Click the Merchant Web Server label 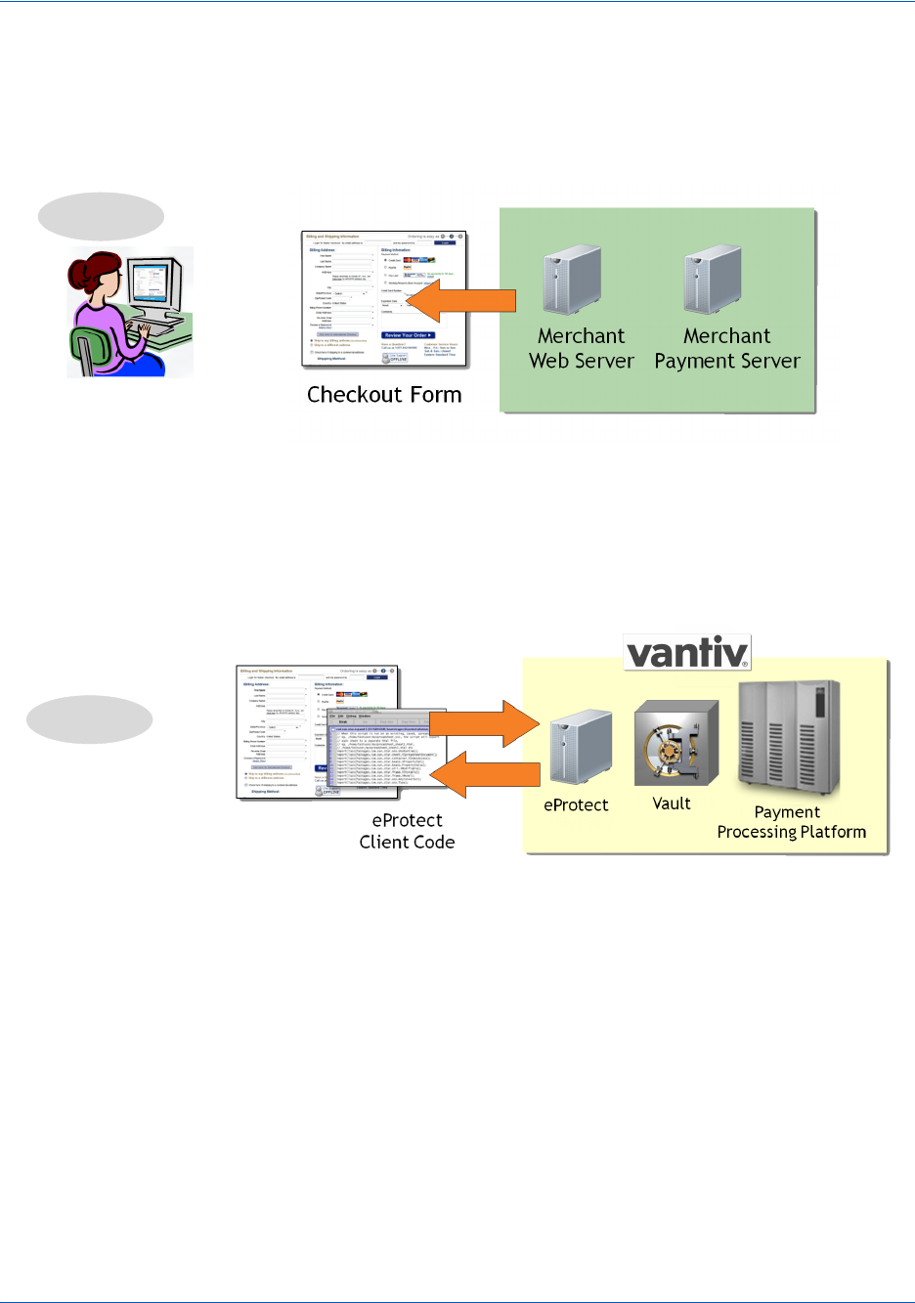(x=582, y=349)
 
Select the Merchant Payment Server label (x=727, y=349)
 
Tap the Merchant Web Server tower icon (x=573, y=280)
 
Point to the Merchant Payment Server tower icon (x=713, y=280)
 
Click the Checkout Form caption (x=384, y=395)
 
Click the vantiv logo (x=688, y=652)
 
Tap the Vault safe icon (x=676, y=744)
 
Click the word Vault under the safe (x=672, y=804)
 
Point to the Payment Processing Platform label (x=791, y=822)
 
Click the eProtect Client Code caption (x=407, y=831)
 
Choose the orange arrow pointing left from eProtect (x=486, y=774)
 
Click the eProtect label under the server (x=576, y=805)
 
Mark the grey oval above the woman (x=101, y=217)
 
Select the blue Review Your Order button (x=407, y=335)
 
